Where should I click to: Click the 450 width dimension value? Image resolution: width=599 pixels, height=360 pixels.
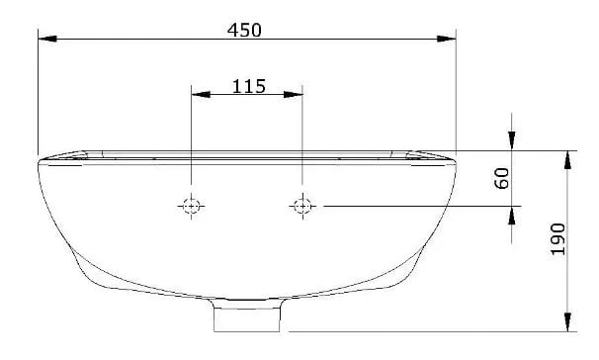[244, 31]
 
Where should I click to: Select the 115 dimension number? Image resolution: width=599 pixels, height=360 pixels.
[249, 86]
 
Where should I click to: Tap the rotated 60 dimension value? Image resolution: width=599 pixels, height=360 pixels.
[502, 178]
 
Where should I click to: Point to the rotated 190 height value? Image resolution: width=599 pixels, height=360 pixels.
[558, 239]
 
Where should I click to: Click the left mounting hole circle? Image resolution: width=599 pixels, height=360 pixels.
[191, 207]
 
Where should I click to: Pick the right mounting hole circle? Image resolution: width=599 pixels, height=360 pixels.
[302, 207]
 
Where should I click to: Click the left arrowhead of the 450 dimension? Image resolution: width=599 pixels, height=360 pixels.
[47, 39]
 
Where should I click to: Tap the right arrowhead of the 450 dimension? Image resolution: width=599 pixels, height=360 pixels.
[447, 39]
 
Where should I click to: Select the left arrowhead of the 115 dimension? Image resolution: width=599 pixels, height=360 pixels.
[201, 94]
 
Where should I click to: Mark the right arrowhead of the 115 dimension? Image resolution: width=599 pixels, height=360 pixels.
[293, 94]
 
